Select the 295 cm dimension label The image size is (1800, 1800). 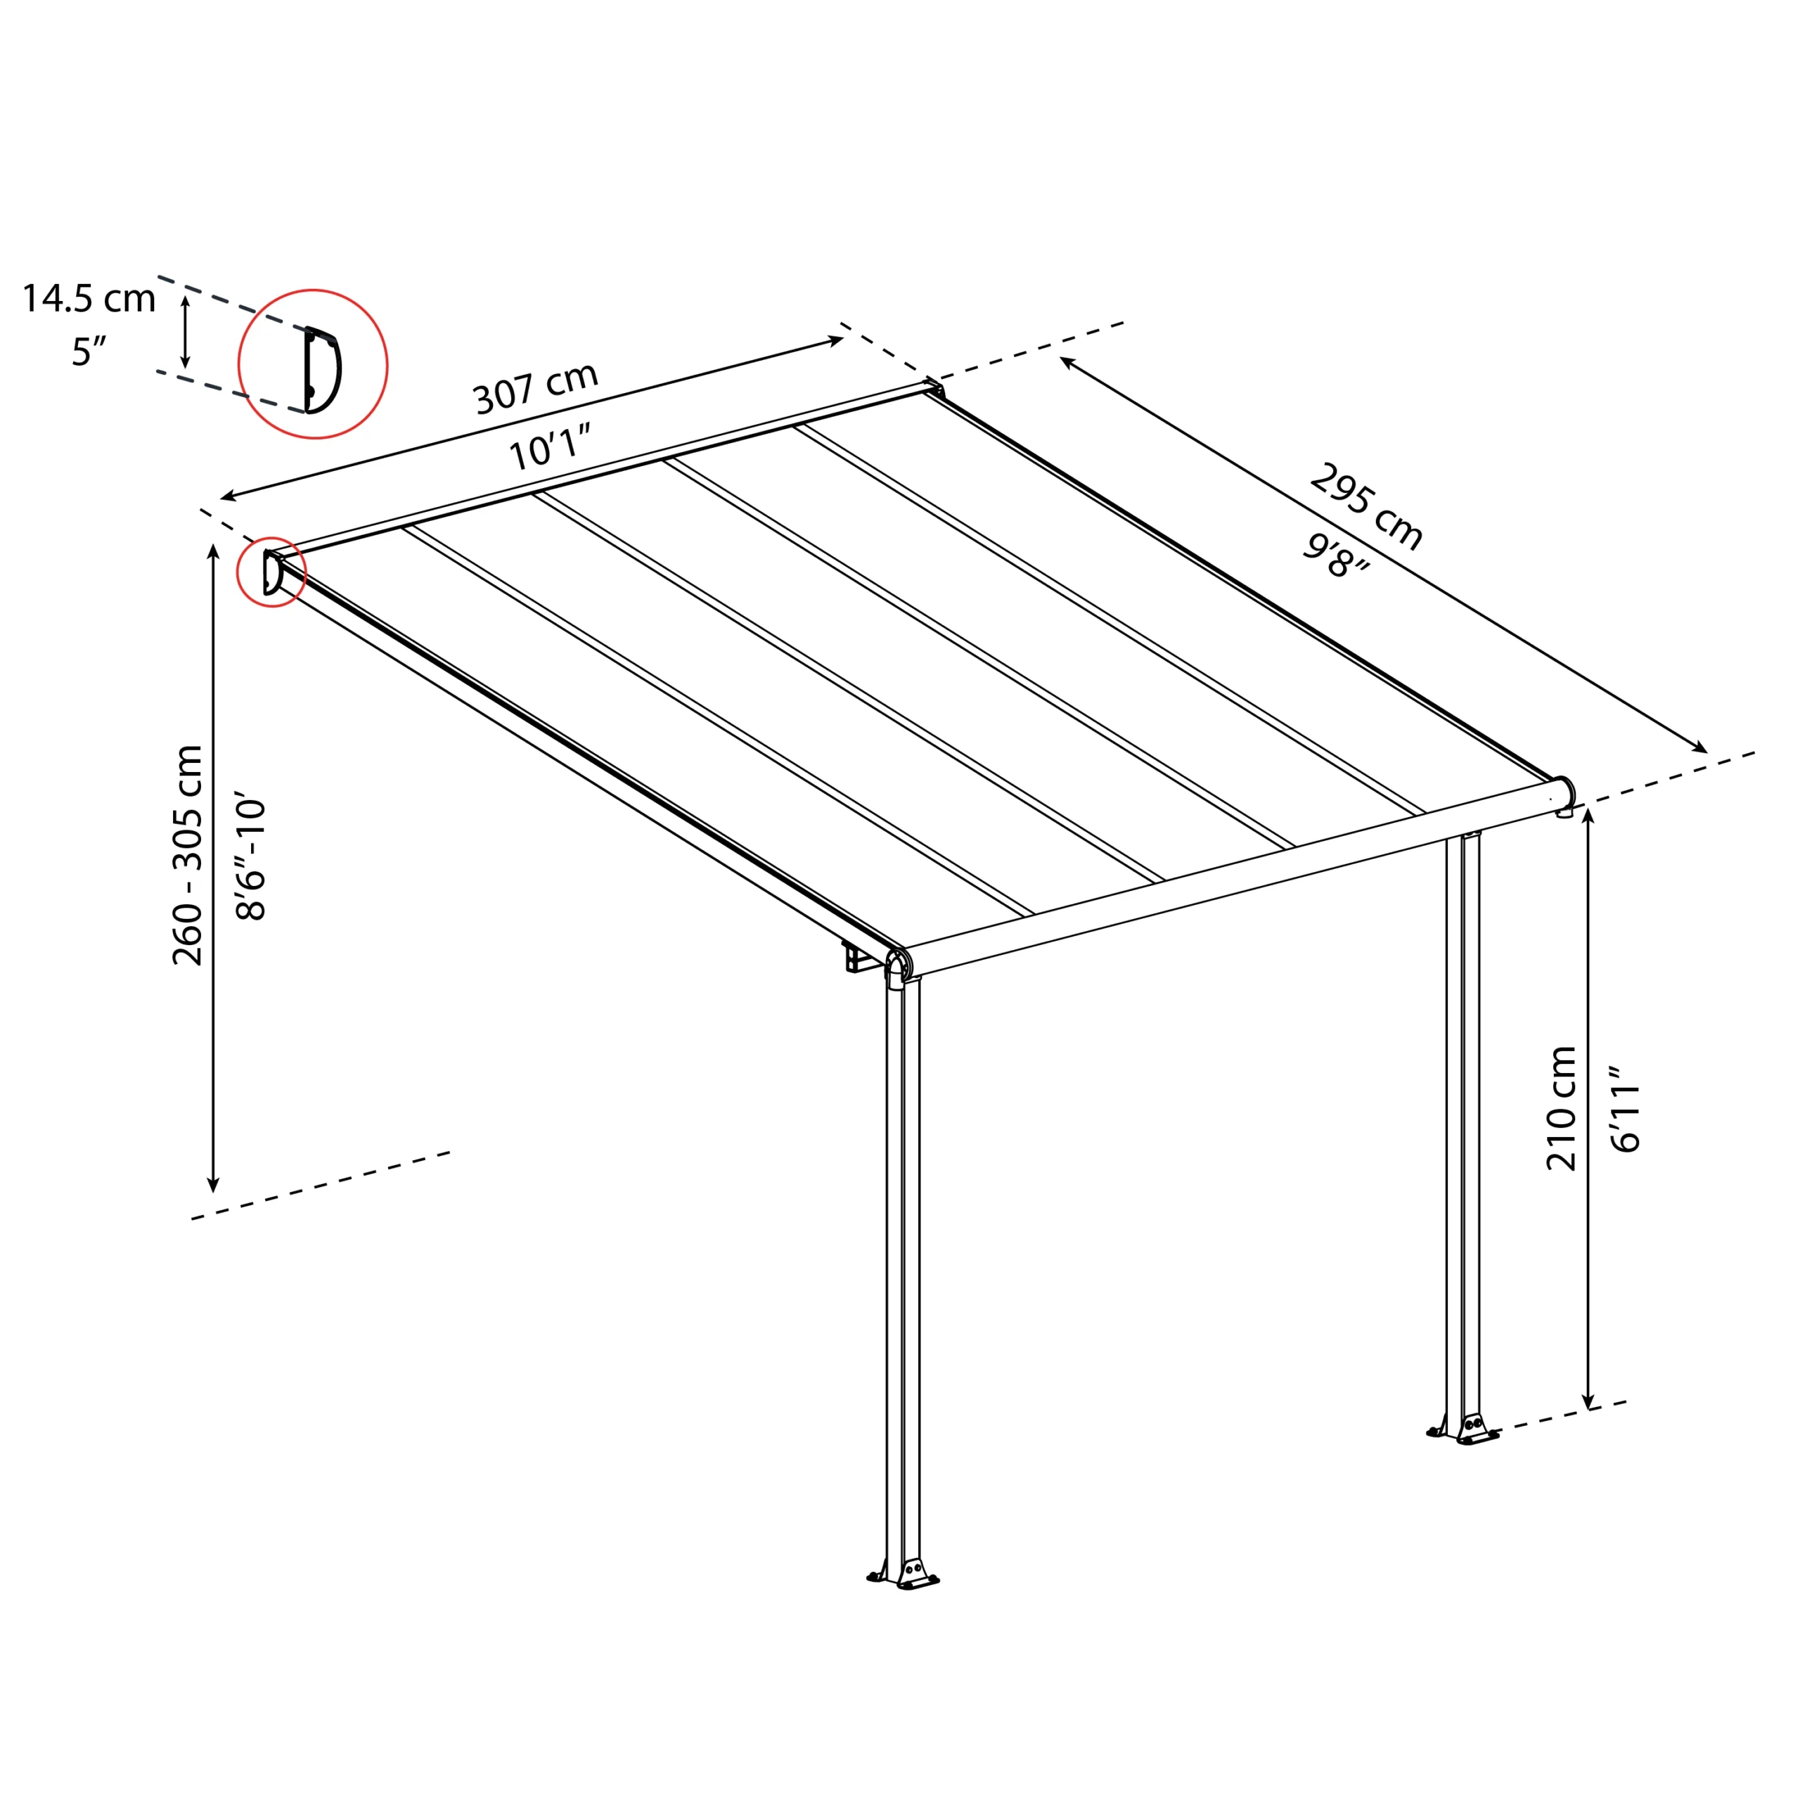pyautogui.click(x=1366, y=508)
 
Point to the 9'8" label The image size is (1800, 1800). pyautogui.click(x=1336, y=556)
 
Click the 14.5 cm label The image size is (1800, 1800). pyautogui.click(x=89, y=298)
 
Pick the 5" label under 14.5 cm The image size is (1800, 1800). pyautogui.click(x=89, y=352)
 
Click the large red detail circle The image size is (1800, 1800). pyautogui.click(x=313, y=364)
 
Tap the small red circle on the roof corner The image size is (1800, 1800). pyautogui.click(x=272, y=572)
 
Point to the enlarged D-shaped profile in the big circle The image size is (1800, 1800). pyautogui.click(x=322, y=370)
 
